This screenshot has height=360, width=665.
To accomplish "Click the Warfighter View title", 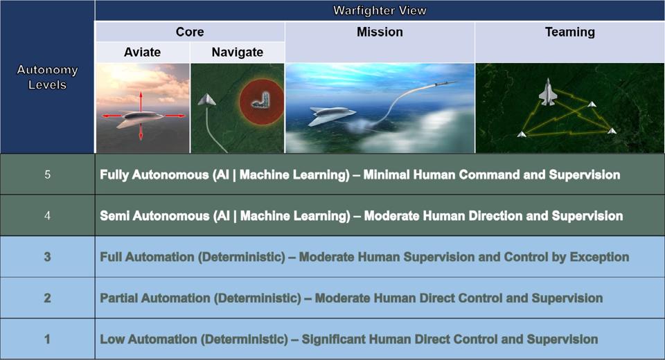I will click(380, 10).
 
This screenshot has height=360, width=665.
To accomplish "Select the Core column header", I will click(189, 32).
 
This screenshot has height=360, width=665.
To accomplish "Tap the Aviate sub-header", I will click(142, 53).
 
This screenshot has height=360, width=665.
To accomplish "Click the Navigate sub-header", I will click(237, 53).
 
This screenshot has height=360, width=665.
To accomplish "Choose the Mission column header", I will click(380, 32).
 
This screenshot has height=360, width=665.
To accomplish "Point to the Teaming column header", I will click(569, 32).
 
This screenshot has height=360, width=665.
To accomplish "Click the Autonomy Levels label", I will click(47, 78).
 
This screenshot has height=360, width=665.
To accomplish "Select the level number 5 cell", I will click(47, 174).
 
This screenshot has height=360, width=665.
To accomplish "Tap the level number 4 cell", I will click(47, 215).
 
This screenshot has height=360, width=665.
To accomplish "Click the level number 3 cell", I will click(47, 257).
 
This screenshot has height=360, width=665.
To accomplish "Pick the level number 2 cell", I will click(47, 298).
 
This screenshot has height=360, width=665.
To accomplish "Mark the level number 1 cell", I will click(47, 339).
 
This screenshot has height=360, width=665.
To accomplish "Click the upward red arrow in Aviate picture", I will click(141, 97).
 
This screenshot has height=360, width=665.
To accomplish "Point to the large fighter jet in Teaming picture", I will click(547, 92).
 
